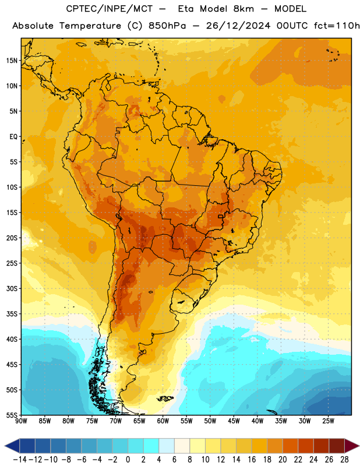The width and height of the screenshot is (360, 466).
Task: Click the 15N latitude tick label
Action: pos(12,61)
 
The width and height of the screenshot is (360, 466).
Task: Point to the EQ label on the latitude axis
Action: pos(13,137)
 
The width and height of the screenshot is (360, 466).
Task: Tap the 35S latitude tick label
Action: pos(12,314)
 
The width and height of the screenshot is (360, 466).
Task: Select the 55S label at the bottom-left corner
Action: pos(12,415)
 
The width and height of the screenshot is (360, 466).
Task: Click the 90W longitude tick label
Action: pos(22,421)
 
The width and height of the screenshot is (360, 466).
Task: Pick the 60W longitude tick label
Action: pos(163,421)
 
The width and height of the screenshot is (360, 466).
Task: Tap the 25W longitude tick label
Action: pos(328,421)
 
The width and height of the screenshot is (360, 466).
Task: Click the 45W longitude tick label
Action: pos(234,421)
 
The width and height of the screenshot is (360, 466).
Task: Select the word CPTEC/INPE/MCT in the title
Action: pos(109,9)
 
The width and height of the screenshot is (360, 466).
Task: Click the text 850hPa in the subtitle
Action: pos(167,26)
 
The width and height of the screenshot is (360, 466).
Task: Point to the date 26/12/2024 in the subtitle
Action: pos(238,26)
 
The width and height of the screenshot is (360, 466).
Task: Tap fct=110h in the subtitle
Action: pos(337,26)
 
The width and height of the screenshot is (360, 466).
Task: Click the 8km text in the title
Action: pos(243,9)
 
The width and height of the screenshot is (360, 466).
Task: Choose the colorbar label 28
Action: pos(344,460)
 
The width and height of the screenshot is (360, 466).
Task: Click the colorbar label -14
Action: pos(20,460)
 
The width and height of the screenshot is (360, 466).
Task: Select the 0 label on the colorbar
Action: pos(128,460)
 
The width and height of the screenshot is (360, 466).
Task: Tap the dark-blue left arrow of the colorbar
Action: pos(12,446)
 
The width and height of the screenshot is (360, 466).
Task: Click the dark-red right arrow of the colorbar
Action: pos(352,446)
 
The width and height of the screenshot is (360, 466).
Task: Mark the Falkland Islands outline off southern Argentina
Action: pos(165,398)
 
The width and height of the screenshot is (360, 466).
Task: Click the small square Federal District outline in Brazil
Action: pos(220,216)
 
